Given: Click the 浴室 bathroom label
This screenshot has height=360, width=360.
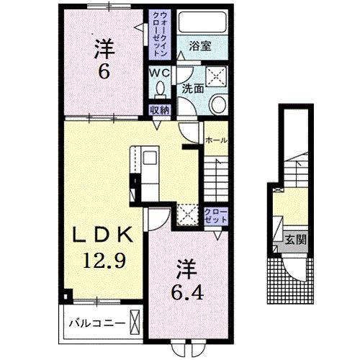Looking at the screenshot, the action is (200, 46).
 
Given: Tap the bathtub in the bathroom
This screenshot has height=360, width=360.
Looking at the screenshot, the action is (202, 22).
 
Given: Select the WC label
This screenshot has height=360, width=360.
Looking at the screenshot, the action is (160, 73).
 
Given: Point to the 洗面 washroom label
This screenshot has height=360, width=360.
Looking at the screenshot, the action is (193, 89).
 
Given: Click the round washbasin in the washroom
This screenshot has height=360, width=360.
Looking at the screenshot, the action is (218, 104).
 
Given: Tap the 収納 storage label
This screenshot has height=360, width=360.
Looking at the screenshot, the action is (160, 110).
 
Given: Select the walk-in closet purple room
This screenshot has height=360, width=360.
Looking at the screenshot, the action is (160, 35).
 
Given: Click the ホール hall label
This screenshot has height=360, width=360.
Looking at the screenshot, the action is (216, 140).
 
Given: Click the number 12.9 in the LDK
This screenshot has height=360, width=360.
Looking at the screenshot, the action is (104, 261).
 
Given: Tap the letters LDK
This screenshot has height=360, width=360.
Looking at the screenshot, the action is (103, 235).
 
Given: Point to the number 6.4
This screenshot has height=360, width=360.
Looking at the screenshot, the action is (187, 293).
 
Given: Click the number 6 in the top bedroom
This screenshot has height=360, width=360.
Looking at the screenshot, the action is (104, 71).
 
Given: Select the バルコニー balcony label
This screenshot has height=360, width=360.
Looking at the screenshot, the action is (97, 323).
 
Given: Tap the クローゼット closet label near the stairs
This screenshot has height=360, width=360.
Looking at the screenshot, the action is (215, 216).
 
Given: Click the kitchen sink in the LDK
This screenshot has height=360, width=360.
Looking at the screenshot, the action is (150, 158).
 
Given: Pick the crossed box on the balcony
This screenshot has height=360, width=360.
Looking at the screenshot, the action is (135, 323).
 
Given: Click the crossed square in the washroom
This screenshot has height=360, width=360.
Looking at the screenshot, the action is (217, 76).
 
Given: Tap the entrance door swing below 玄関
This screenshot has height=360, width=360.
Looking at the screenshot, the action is (294, 269).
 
